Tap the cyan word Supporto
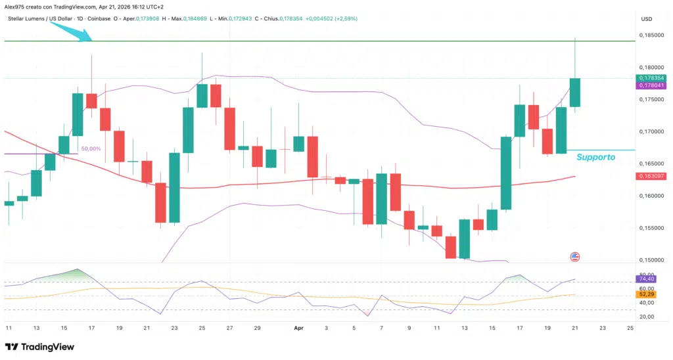(x=595, y=158)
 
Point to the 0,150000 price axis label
(x=650, y=260)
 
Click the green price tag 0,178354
(x=650, y=78)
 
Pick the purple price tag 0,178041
(x=650, y=85)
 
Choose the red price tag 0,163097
(x=650, y=176)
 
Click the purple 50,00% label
(x=91, y=149)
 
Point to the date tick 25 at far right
(x=630, y=327)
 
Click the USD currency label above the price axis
(x=647, y=18)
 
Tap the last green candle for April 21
(x=575, y=93)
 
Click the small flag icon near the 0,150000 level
(x=574, y=257)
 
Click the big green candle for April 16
(x=506, y=173)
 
